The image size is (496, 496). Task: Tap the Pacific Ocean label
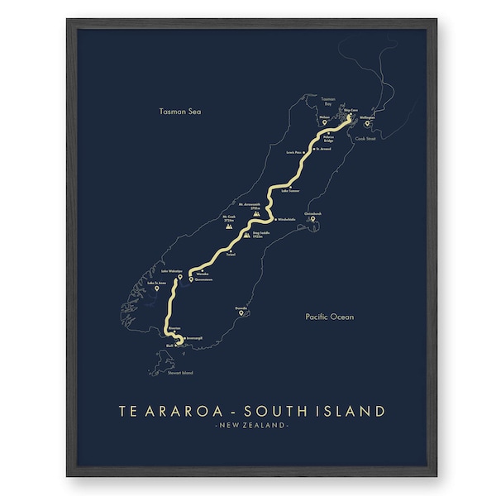pos(328,317)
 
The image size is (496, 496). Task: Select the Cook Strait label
pos(365,139)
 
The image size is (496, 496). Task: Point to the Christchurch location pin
pos(312,219)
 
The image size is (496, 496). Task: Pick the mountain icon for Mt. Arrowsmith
pos(257,212)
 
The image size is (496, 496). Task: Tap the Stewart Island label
pos(180,374)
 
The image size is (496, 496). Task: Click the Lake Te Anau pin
pos(157,289)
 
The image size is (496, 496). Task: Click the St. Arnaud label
pos(322,150)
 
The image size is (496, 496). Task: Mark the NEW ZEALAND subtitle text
pos(251,426)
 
